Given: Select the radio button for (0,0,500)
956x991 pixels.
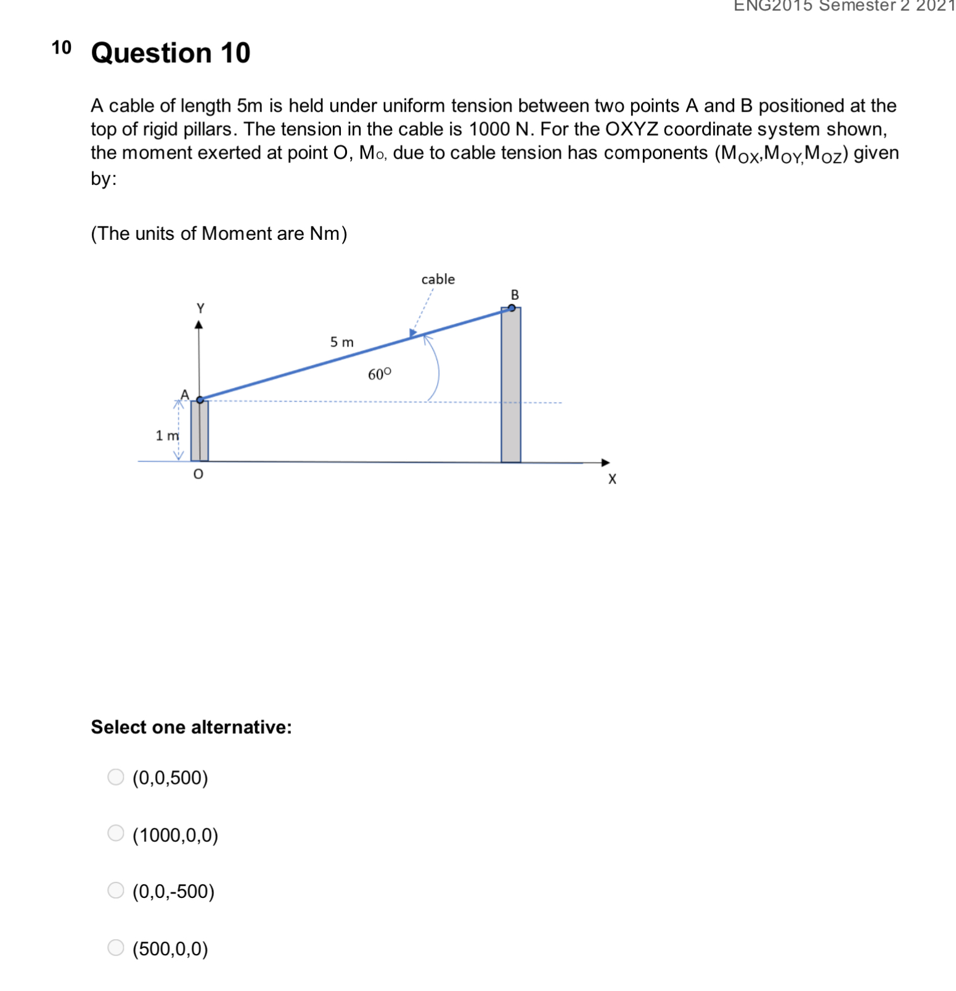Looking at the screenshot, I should pyautogui.click(x=116, y=776).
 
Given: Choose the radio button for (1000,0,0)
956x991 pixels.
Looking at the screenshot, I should pyautogui.click(x=116, y=833).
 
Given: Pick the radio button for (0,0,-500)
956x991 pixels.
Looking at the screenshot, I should pyautogui.click(x=116, y=890).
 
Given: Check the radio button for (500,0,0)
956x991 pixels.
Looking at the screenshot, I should pyautogui.click(x=116, y=947).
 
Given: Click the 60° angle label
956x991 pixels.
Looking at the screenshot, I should pyautogui.click(x=379, y=374).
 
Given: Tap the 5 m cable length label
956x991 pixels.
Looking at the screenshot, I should pyautogui.click(x=341, y=342).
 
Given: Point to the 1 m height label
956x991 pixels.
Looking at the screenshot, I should pyautogui.click(x=166, y=435).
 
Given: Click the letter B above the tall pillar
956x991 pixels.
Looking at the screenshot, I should pyautogui.click(x=515, y=295).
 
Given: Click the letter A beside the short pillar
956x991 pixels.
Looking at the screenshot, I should pyautogui.click(x=184, y=394).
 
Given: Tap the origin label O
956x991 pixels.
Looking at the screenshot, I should pyautogui.click(x=198, y=474).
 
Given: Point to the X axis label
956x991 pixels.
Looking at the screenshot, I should pyautogui.click(x=611, y=479).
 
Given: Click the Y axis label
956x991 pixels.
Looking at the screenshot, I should pyautogui.click(x=200, y=308).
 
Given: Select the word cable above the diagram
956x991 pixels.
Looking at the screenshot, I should pyautogui.click(x=438, y=279).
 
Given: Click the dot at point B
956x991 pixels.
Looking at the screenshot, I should pyautogui.click(x=512, y=308).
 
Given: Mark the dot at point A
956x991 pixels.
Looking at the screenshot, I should pyautogui.click(x=200, y=400).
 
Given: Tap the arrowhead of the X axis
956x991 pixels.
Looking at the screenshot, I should pyautogui.click(x=605, y=463).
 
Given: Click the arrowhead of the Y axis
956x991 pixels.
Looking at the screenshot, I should pyautogui.click(x=198, y=325).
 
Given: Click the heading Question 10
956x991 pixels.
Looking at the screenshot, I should pyautogui.click(x=171, y=53).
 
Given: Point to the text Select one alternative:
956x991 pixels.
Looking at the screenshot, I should pyautogui.click(x=191, y=727).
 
